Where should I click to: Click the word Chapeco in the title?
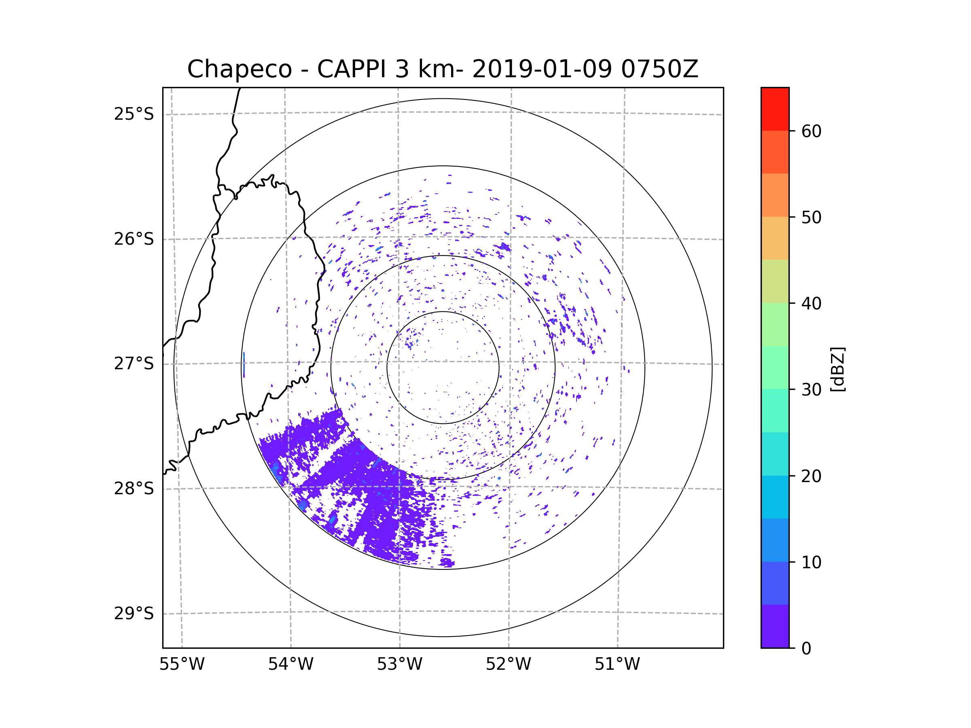tap(239, 69)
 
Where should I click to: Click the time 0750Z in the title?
tap(659, 69)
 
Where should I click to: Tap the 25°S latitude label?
tap(134, 114)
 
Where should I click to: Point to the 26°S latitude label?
tap(134, 239)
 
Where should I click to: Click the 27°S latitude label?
tap(134, 364)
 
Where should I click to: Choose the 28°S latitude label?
tap(134, 489)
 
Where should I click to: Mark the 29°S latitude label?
tap(134, 614)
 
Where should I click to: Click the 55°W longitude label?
tap(182, 665)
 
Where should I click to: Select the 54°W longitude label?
tap(290, 665)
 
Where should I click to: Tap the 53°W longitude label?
tap(399, 665)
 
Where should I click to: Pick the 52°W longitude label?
tap(508, 665)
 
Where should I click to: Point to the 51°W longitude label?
tap(617, 665)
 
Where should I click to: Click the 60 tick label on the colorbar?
tap(811, 131)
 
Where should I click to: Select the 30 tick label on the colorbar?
tap(811, 389)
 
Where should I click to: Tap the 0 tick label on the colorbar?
tap(806, 649)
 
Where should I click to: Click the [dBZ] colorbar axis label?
tap(837, 369)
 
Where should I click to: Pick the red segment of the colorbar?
tap(775, 109)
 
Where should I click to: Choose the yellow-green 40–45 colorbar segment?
tap(775, 281)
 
